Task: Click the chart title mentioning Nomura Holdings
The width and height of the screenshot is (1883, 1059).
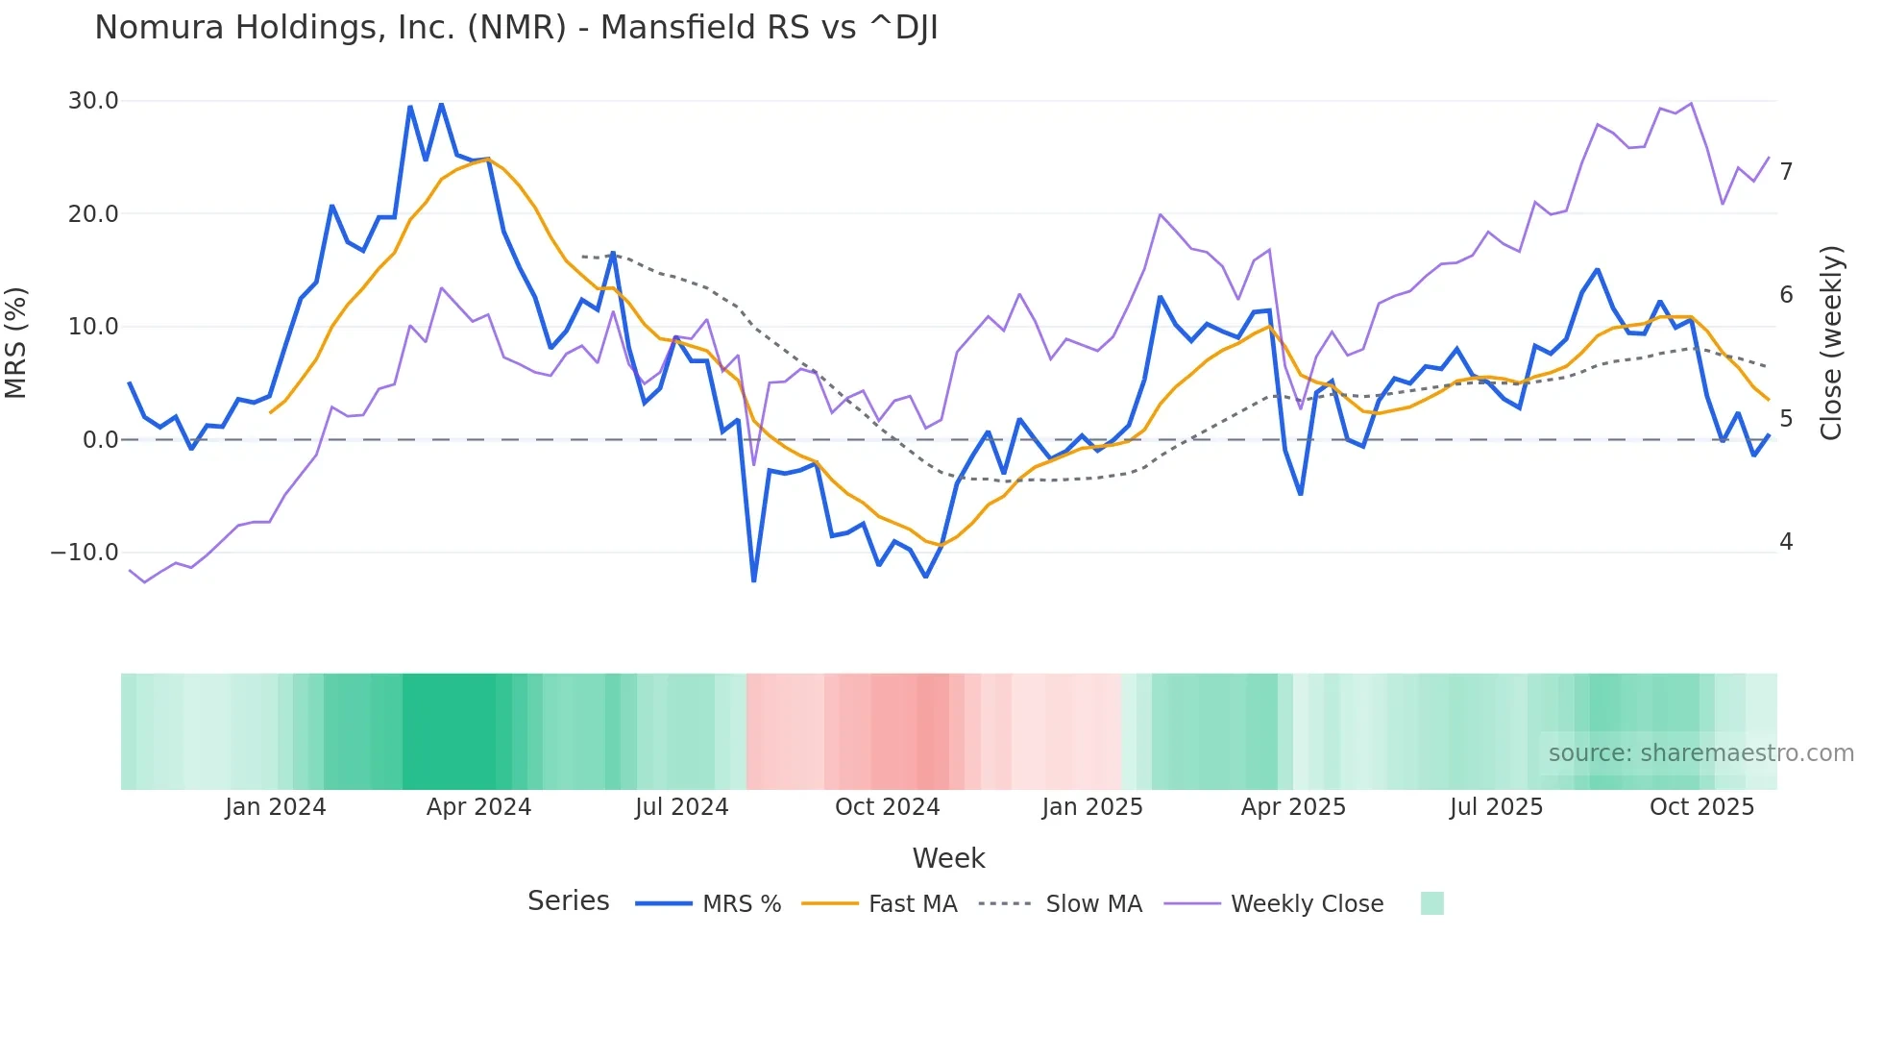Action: [516, 28]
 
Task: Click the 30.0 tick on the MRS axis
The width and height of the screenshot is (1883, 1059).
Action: [93, 101]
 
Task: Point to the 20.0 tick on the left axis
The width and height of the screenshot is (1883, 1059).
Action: [93, 213]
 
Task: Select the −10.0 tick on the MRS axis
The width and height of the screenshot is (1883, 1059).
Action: [85, 553]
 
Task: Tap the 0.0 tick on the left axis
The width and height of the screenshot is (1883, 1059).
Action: [100, 440]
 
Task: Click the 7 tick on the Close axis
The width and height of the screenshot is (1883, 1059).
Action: [1786, 172]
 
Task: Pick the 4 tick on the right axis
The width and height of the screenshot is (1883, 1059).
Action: [1786, 542]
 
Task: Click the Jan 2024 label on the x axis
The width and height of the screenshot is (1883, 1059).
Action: [276, 807]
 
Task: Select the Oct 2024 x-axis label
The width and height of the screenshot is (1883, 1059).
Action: [887, 807]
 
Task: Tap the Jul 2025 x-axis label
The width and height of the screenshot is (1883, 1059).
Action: [1496, 807]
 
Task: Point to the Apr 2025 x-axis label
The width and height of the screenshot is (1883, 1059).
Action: [1293, 807]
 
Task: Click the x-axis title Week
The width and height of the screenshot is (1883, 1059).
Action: [948, 858]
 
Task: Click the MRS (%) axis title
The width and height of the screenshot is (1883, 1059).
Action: [16, 343]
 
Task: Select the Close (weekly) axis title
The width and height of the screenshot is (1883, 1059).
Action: [1831, 343]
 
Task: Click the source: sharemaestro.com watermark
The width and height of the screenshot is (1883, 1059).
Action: [1700, 753]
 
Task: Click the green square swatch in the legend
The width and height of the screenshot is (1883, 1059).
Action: [1431, 903]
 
